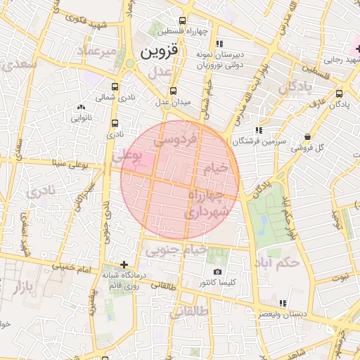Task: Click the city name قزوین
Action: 160,51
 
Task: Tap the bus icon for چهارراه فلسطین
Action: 183,21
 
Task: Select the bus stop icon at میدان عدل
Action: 174,91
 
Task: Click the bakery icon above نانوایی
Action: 79,107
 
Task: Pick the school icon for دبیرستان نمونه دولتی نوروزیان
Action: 219,44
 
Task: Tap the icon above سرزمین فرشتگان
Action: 259,130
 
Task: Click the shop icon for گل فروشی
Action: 307,137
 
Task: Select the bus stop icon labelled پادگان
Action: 340,93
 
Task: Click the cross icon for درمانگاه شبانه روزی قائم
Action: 124,265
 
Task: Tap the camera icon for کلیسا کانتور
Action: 217,271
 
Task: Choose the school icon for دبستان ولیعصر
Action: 283,303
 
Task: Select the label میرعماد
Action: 96,51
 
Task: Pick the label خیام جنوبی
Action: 176,250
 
